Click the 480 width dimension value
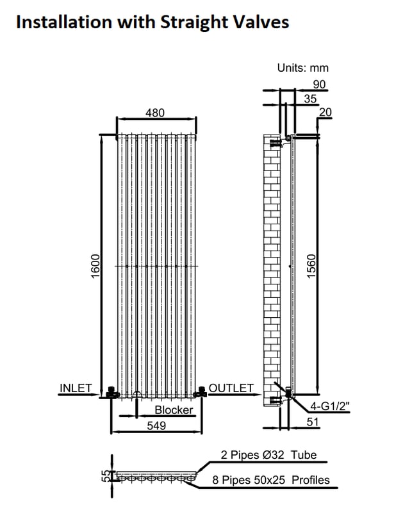155,113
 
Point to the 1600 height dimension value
95,266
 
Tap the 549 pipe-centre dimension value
156,425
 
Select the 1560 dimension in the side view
311,266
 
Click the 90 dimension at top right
319,85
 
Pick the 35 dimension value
310,99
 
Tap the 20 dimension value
325,112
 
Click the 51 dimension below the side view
313,422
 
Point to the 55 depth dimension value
105,476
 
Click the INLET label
76,388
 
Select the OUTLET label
231,388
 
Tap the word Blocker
174,410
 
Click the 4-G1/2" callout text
329,406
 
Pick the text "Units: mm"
303,68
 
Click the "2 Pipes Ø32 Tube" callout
268,455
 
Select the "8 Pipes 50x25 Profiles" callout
270,480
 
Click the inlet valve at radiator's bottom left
113,392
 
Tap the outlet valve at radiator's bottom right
201,392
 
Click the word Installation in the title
64,22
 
